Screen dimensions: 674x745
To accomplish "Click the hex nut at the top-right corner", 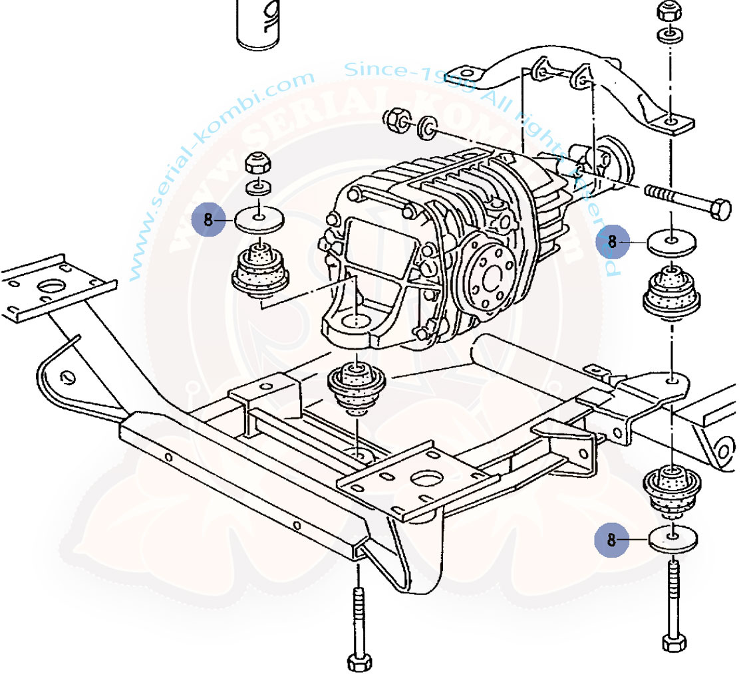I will (x=668, y=11).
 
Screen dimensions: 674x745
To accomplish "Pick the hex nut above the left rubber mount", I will (x=257, y=164).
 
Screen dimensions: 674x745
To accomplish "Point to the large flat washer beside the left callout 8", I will (x=259, y=219).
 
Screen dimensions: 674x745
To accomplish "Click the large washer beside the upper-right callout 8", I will (x=672, y=243).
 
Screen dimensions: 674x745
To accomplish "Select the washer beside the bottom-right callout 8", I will (x=673, y=539).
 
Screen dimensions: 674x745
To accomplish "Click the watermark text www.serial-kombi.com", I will (x=220, y=173).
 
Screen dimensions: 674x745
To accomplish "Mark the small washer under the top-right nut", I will (x=668, y=35).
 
